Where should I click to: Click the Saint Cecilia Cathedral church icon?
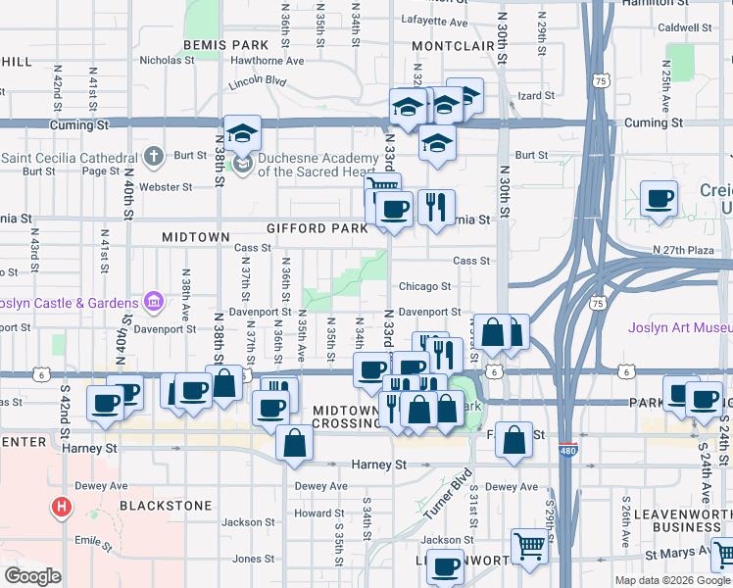tap(153, 157)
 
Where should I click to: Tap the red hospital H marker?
tap(62, 507)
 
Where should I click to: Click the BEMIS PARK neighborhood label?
tap(224, 45)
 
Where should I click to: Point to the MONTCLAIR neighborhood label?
tap(453, 46)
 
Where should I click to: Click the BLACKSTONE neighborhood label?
tap(166, 506)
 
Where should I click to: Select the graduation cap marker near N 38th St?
tap(242, 134)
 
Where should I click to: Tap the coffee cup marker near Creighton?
tap(659, 199)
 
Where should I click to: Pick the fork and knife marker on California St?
tap(435, 207)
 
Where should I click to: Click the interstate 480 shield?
tap(567, 450)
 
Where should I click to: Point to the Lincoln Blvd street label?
tap(257, 83)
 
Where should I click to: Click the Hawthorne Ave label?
tap(268, 60)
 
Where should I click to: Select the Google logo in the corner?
tap(31, 577)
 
